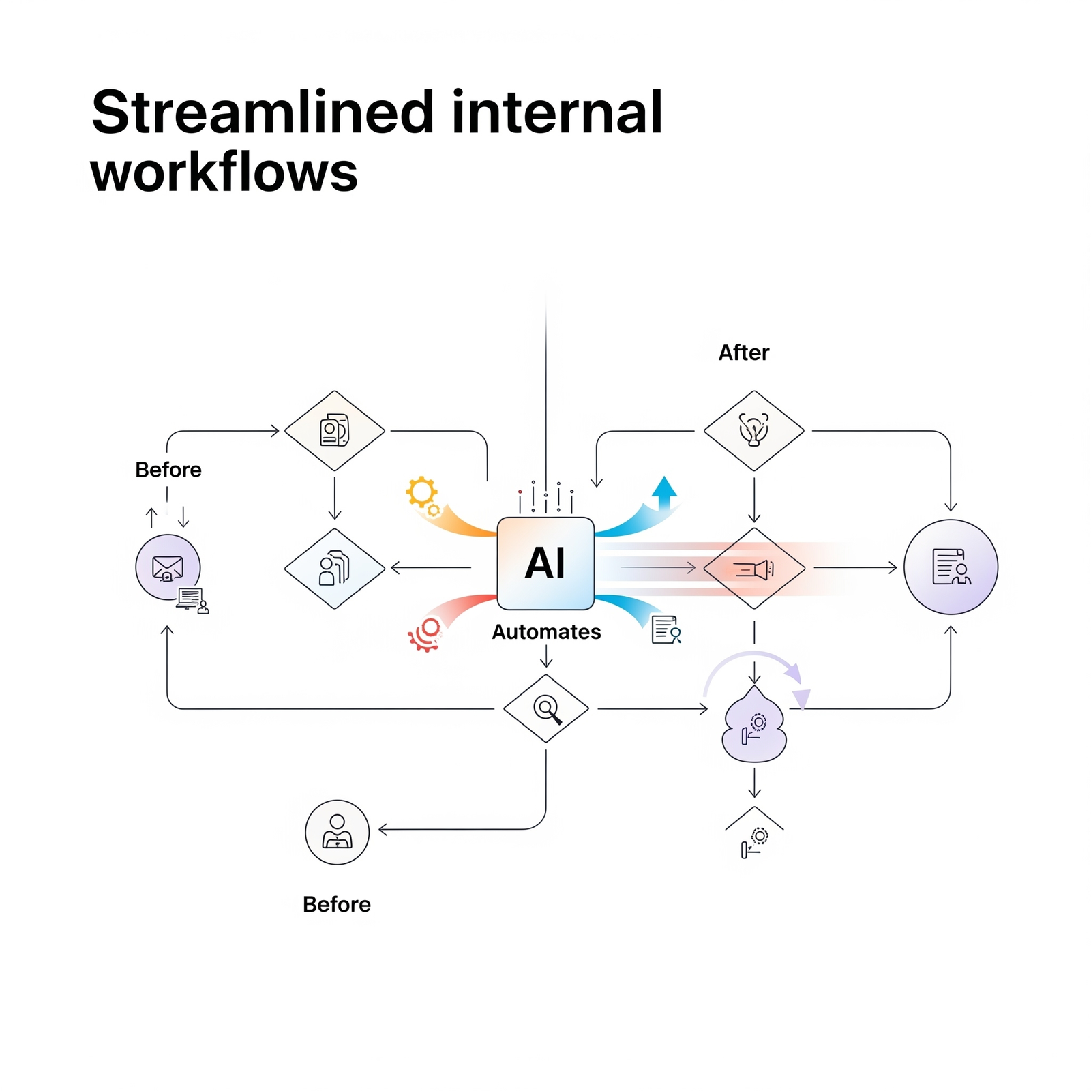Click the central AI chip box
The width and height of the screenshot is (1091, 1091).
545,563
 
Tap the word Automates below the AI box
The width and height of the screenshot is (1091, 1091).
546,632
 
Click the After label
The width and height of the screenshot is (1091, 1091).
743,353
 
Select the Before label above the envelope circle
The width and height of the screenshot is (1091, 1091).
168,470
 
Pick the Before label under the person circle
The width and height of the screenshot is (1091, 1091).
337,904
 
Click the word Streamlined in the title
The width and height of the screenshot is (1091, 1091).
263,113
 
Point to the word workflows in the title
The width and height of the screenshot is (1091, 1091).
224,172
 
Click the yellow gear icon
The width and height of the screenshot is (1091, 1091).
422,492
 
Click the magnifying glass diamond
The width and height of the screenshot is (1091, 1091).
546,708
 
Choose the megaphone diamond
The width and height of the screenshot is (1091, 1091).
754,568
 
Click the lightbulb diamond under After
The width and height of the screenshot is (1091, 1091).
754,431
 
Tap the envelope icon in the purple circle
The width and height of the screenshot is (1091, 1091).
168,567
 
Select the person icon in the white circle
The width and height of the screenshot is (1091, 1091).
337,832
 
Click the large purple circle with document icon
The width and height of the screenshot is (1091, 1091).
951,567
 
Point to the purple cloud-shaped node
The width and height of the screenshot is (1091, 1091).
754,728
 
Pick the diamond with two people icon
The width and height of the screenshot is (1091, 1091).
334,569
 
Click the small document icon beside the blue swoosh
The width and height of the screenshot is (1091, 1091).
666,629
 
